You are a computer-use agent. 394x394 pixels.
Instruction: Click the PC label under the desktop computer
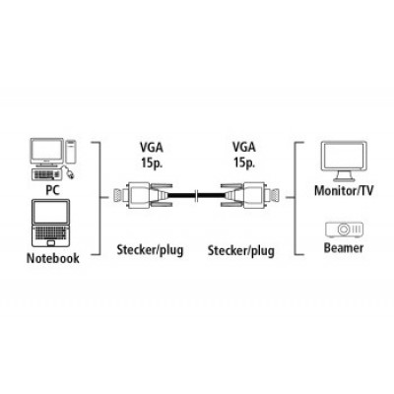click(x=52, y=190)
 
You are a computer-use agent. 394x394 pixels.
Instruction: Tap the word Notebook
click(x=53, y=258)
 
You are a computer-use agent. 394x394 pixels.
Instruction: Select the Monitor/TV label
click(x=344, y=190)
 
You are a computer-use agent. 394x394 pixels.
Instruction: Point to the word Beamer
click(x=344, y=247)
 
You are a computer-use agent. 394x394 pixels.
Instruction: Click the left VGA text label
click(x=152, y=148)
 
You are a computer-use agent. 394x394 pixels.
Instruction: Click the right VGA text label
click(x=244, y=147)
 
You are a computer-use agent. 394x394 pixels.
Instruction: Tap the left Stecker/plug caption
click(x=150, y=250)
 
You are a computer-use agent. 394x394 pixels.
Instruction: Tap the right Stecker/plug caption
click(x=241, y=251)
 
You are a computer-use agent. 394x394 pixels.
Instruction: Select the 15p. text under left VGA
click(x=152, y=163)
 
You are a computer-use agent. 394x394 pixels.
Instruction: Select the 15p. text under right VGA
click(x=244, y=163)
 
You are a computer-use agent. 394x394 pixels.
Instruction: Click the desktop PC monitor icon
click(x=47, y=152)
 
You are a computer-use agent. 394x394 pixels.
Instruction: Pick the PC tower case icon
click(x=71, y=151)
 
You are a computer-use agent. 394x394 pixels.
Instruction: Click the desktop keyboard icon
click(x=46, y=174)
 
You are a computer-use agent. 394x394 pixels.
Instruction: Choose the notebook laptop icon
click(x=51, y=224)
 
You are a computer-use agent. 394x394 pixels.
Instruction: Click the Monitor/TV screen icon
click(x=344, y=162)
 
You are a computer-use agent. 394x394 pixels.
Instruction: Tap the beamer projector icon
click(x=344, y=230)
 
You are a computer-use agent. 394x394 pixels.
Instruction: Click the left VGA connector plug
click(x=143, y=195)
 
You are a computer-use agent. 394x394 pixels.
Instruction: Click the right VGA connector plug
click(x=249, y=195)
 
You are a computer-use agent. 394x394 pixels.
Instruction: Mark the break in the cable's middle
click(x=196, y=196)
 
